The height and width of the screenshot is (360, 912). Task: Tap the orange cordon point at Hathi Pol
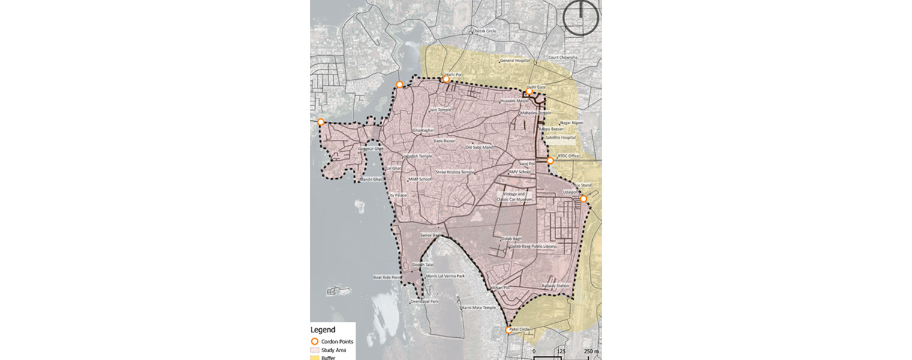(446, 79)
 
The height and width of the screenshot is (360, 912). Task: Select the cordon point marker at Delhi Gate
(530, 92)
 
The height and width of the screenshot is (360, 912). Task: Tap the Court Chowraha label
(563, 58)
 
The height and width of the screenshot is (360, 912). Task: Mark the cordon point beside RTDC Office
(550, 161)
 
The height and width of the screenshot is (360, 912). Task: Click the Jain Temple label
(440, 110)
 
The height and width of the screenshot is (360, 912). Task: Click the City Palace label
(398, 195)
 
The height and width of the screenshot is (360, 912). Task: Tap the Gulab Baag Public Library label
(533, 246)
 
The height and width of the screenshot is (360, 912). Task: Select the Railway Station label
(555, 286)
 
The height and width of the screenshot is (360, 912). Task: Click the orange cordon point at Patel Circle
(509, 330)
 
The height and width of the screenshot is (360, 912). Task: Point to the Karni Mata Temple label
(479, 307)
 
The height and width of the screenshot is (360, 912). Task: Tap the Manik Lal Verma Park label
(445, 276)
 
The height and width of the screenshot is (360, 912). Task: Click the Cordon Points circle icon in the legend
(314, 341)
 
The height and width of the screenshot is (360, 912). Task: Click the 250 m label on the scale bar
(592, 350)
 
